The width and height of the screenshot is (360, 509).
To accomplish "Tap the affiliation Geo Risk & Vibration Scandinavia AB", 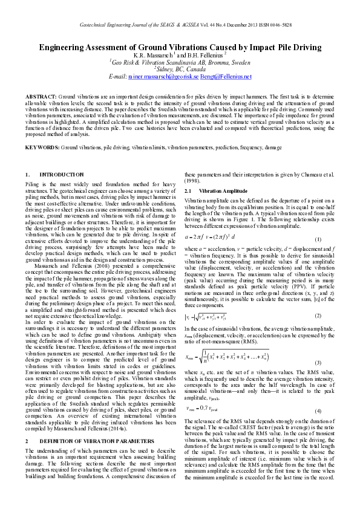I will (180, 62).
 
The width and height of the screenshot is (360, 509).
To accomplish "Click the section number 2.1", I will (188, 190).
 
